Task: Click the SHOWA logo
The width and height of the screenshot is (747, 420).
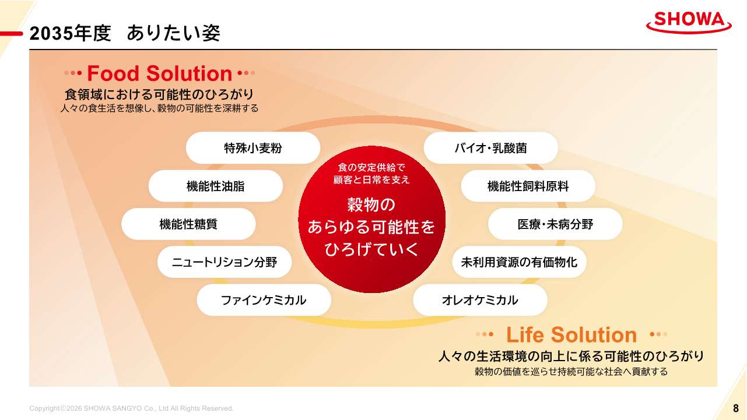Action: (689, 22)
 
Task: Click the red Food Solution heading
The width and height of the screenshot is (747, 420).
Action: (159, 73)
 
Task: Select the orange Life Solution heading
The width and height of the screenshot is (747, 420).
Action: (571, 335)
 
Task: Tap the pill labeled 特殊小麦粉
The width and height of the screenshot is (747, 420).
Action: (253, 148)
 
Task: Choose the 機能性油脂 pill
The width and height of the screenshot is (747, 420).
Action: (216, 186)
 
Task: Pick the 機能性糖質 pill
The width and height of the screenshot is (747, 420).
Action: (188, 224)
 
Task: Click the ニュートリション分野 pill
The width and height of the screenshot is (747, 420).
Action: (225, 262)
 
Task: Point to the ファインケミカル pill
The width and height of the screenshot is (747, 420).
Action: (264, 300)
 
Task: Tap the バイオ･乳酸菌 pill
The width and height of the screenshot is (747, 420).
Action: (490, 148)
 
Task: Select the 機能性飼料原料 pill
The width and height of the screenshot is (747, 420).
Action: (528, 186)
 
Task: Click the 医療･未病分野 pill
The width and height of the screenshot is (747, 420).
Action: (555, 224)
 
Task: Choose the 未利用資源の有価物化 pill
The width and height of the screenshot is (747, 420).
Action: (519, 262)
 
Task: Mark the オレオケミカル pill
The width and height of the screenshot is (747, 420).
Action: (481, 300)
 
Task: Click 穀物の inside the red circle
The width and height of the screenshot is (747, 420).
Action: (371, 204)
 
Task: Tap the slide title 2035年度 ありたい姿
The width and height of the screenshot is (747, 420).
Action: (125, 33)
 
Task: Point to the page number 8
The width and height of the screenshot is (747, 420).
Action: (736, 408)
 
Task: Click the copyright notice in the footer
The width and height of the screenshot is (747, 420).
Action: (131, 408)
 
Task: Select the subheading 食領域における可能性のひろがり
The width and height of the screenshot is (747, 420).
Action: (159, 94)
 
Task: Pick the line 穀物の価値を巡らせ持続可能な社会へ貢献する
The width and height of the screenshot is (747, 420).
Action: (571, 372)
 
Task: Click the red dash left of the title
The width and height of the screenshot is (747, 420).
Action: (11, 33)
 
